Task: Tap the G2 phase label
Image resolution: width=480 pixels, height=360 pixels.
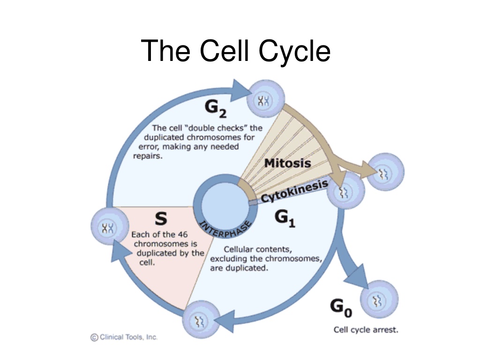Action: coord(216,109)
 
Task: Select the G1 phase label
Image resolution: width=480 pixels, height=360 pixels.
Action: coord(285,218)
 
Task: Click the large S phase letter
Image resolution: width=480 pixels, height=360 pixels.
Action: coord(161,218)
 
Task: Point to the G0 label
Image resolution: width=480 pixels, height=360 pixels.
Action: coord(341,307)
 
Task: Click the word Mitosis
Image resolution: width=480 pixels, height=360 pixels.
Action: coord(287,163)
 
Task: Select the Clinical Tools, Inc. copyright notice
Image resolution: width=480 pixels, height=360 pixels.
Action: coord(124,337)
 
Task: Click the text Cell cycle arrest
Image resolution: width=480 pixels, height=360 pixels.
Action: coord(366,330)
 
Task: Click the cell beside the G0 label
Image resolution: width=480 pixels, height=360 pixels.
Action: coord(379,299)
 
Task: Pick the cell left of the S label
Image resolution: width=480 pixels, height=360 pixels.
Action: coord(110,226)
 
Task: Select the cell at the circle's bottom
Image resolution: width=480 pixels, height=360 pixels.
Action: coord(201,320)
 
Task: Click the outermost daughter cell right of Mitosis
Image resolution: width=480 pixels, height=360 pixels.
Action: coord(385,172)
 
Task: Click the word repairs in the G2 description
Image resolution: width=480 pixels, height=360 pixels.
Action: coord(148,156)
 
